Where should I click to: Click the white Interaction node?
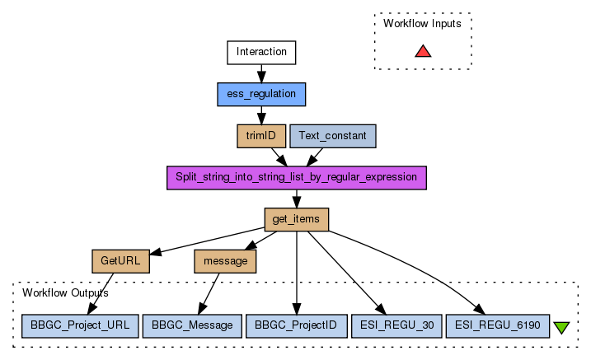(x=261, y=53)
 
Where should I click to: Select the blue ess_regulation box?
(x=261, y=94)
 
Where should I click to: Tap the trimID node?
(x=261, y=136)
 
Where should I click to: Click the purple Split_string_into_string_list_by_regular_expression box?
(x=297, y=178)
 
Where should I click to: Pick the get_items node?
(x=297, y=219)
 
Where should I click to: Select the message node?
(x=225, y=261)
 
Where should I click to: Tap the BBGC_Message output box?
(x=192, y=325)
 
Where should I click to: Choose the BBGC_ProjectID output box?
(x=296, y=325)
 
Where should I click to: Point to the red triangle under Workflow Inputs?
(x=423, y=52)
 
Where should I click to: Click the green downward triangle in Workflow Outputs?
(x=562, y=327)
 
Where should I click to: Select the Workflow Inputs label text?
(x=422, y=23)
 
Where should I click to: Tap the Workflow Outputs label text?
(x=65, y=292)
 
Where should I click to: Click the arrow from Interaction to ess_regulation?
(x=261, y=73)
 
